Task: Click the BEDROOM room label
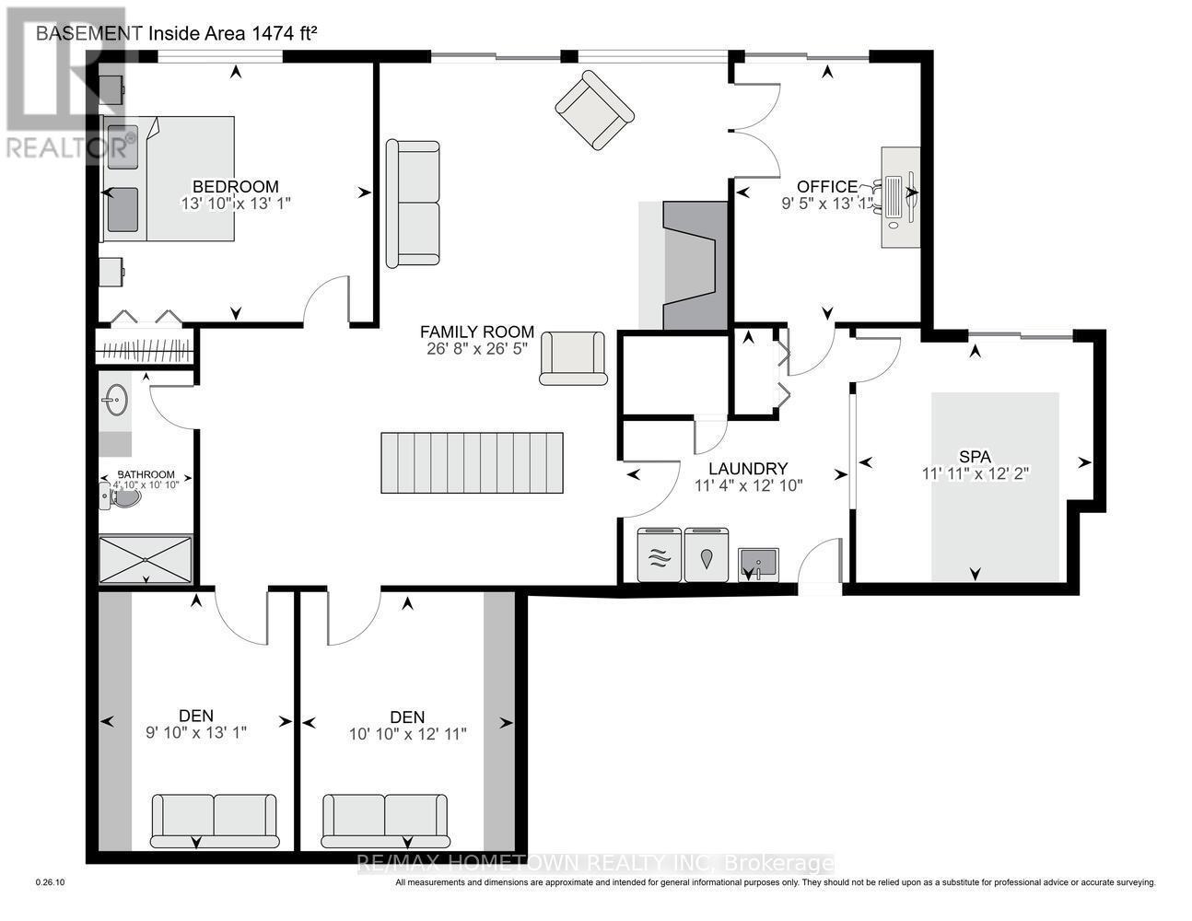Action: (235, 186)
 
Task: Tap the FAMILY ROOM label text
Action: (477, 332)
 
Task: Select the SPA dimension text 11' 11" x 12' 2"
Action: (975, 473)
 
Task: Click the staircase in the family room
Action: (472, 462)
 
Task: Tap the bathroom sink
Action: (115, 401)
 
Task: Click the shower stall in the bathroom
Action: (146, 559)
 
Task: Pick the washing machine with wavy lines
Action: (660, 555)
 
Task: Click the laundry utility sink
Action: (756, 563)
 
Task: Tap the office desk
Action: (900, 196)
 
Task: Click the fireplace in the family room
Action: (689, 265)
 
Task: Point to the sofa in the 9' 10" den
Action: (214, 820)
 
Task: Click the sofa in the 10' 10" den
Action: (384, 820)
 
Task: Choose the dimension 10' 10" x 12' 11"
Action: (408, 734)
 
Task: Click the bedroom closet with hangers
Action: (146, 351)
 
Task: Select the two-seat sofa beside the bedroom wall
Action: (412, 204)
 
